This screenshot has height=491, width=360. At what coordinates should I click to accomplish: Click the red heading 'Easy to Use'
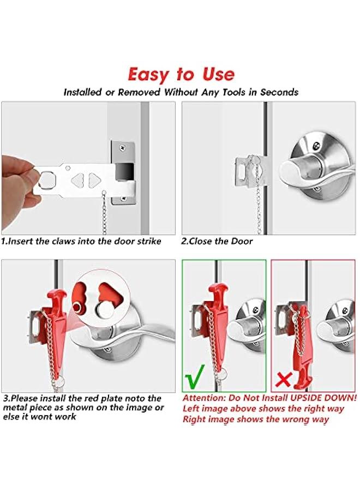(x=181, y=74)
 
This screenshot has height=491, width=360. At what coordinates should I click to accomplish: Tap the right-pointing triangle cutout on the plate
(x=94, y=179)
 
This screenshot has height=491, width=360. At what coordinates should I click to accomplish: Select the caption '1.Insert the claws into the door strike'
(x=81, y=241)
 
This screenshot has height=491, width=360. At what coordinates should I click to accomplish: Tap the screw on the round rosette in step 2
(x=317, y=146)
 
